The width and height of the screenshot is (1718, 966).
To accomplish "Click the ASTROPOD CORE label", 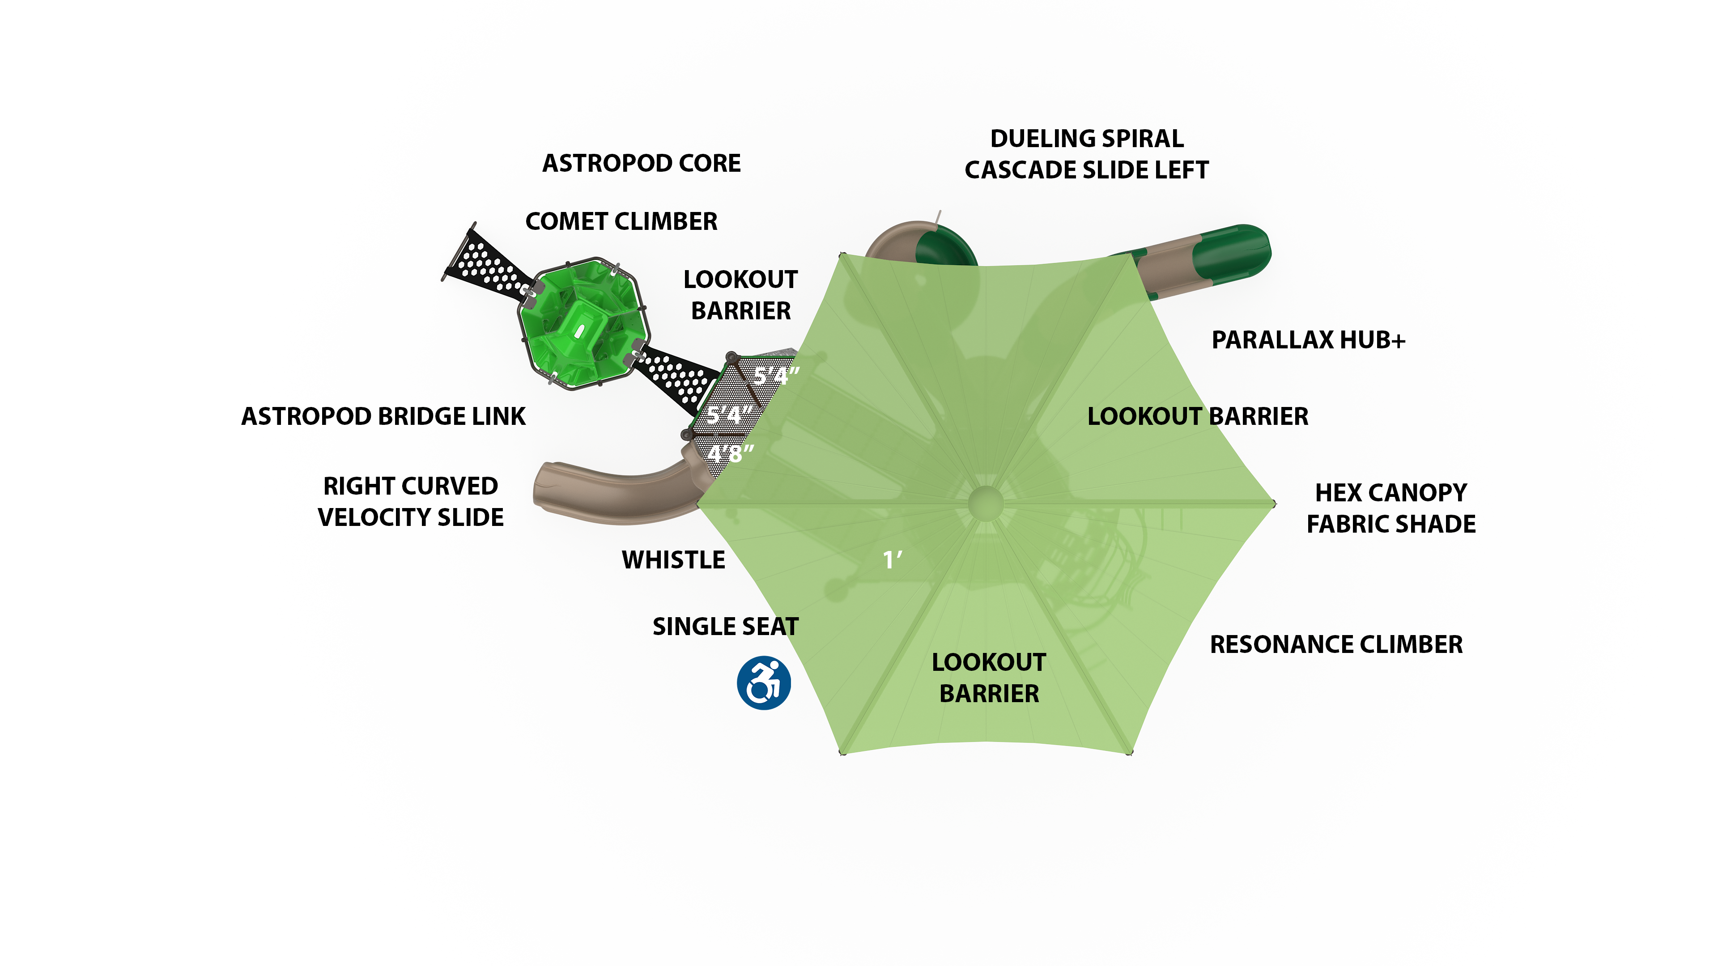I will pyautogui.click(x=641, y=163).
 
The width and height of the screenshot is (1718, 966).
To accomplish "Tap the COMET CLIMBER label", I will pyautogui.click(x=621, y=221).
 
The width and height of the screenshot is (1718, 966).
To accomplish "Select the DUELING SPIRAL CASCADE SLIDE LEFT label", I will pyautogui.click(x=1086, y=154).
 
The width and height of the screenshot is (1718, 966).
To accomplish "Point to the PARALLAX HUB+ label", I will pyautogui.click(x=1308, y=340).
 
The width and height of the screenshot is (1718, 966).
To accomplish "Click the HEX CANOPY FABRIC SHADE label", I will pyautogui.click(x=1391, y=508).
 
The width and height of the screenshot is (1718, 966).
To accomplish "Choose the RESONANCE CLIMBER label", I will pyautogui.click(x=1336, y=644).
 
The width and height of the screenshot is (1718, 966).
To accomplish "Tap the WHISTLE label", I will pyautogui.click(x=673, y=560).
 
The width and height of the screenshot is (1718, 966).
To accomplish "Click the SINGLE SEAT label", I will pyautogui.click(x=725, y=627).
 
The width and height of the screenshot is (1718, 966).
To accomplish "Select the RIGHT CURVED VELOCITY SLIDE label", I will pyautogui.click(x=410, y=501).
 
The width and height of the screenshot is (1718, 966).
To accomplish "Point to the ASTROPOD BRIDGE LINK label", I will pyautogui.click(x=383, y=417).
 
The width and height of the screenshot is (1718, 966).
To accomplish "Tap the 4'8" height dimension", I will pyautogui.click(x=730, y=454).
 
